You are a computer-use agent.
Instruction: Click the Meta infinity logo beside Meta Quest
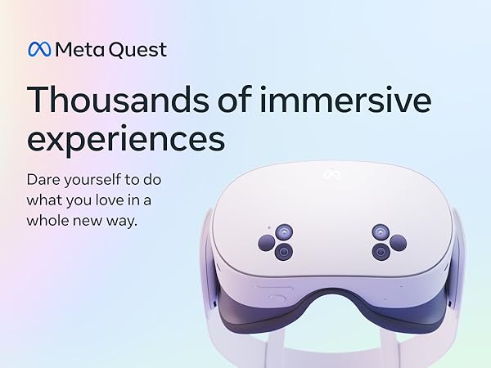coord(39,49)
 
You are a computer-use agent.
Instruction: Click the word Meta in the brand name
coord(75,49)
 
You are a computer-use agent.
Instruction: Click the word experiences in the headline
coord(126,139)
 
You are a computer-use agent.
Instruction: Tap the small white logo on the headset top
coord(332,173)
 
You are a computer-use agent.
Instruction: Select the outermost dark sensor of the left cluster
coord(267,243)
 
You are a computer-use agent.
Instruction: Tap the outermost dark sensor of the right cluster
coord(399,243)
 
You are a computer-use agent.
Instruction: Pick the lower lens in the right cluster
coord(381,252)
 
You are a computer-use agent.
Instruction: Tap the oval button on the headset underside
coord(266,289)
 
